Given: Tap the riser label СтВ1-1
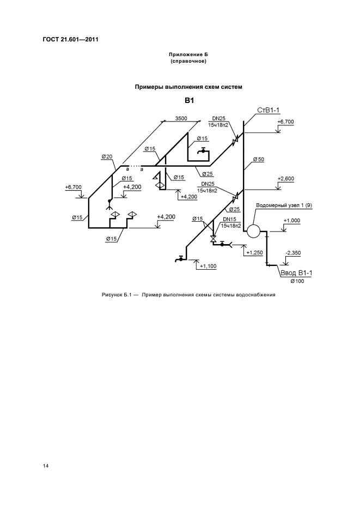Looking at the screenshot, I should pyautogui.click(x=269, y=111).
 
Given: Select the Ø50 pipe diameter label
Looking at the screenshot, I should pyautogui.click(x=258, y=159).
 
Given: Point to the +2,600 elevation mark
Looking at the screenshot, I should pyautogui.click(x=285, y=179).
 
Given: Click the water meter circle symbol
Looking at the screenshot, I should pyautogui.click(x=252, y=230).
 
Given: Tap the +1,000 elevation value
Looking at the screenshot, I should pyautogui.click(x=292, y=220).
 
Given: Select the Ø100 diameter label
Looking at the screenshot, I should pyautogui.click(x=297, y=281).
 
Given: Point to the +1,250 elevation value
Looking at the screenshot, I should pyautogui.click(x=254, y=253).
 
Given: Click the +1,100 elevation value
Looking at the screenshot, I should pyautogui.click(x=208, y=266).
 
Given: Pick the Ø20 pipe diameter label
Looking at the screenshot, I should pyautogui.click(x=106, y=157).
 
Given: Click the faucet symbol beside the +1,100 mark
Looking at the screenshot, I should pyautogui.click(x=179, y=259).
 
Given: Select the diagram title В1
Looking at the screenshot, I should pyautogui.click(x=189, y=100).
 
